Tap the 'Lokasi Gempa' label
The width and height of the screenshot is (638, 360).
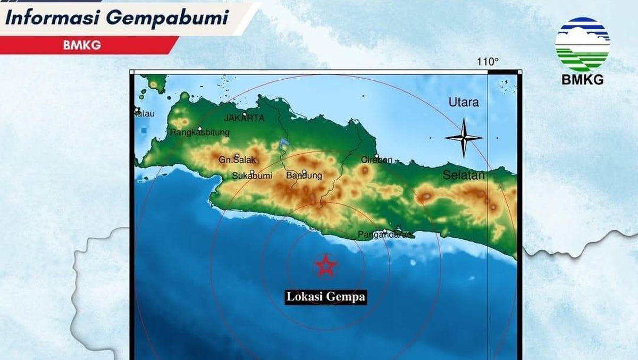pyautogui.click(x=326, y=297)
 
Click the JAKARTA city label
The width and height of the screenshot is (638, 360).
pyautogui.click(x=244, y=118)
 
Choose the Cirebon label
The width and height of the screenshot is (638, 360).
pyautogui.click(x=377, y=160)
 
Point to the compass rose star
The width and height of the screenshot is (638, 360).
pyautogui.click(x=464, y=138)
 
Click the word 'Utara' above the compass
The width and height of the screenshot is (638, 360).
pyautogui.click(x=464, y=103)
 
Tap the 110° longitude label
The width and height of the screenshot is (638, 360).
pyautogui.click(x=488, y=62)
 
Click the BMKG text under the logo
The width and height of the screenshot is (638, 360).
pyautogui.click(x=583, y=80)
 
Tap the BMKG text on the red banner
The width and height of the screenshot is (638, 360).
pyautogui.click(x=81, y=45)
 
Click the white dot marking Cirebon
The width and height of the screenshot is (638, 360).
pyautogui.click(x=376, y=156)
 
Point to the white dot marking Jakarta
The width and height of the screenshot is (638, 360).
pyautogui.click(x=244, y=114)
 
